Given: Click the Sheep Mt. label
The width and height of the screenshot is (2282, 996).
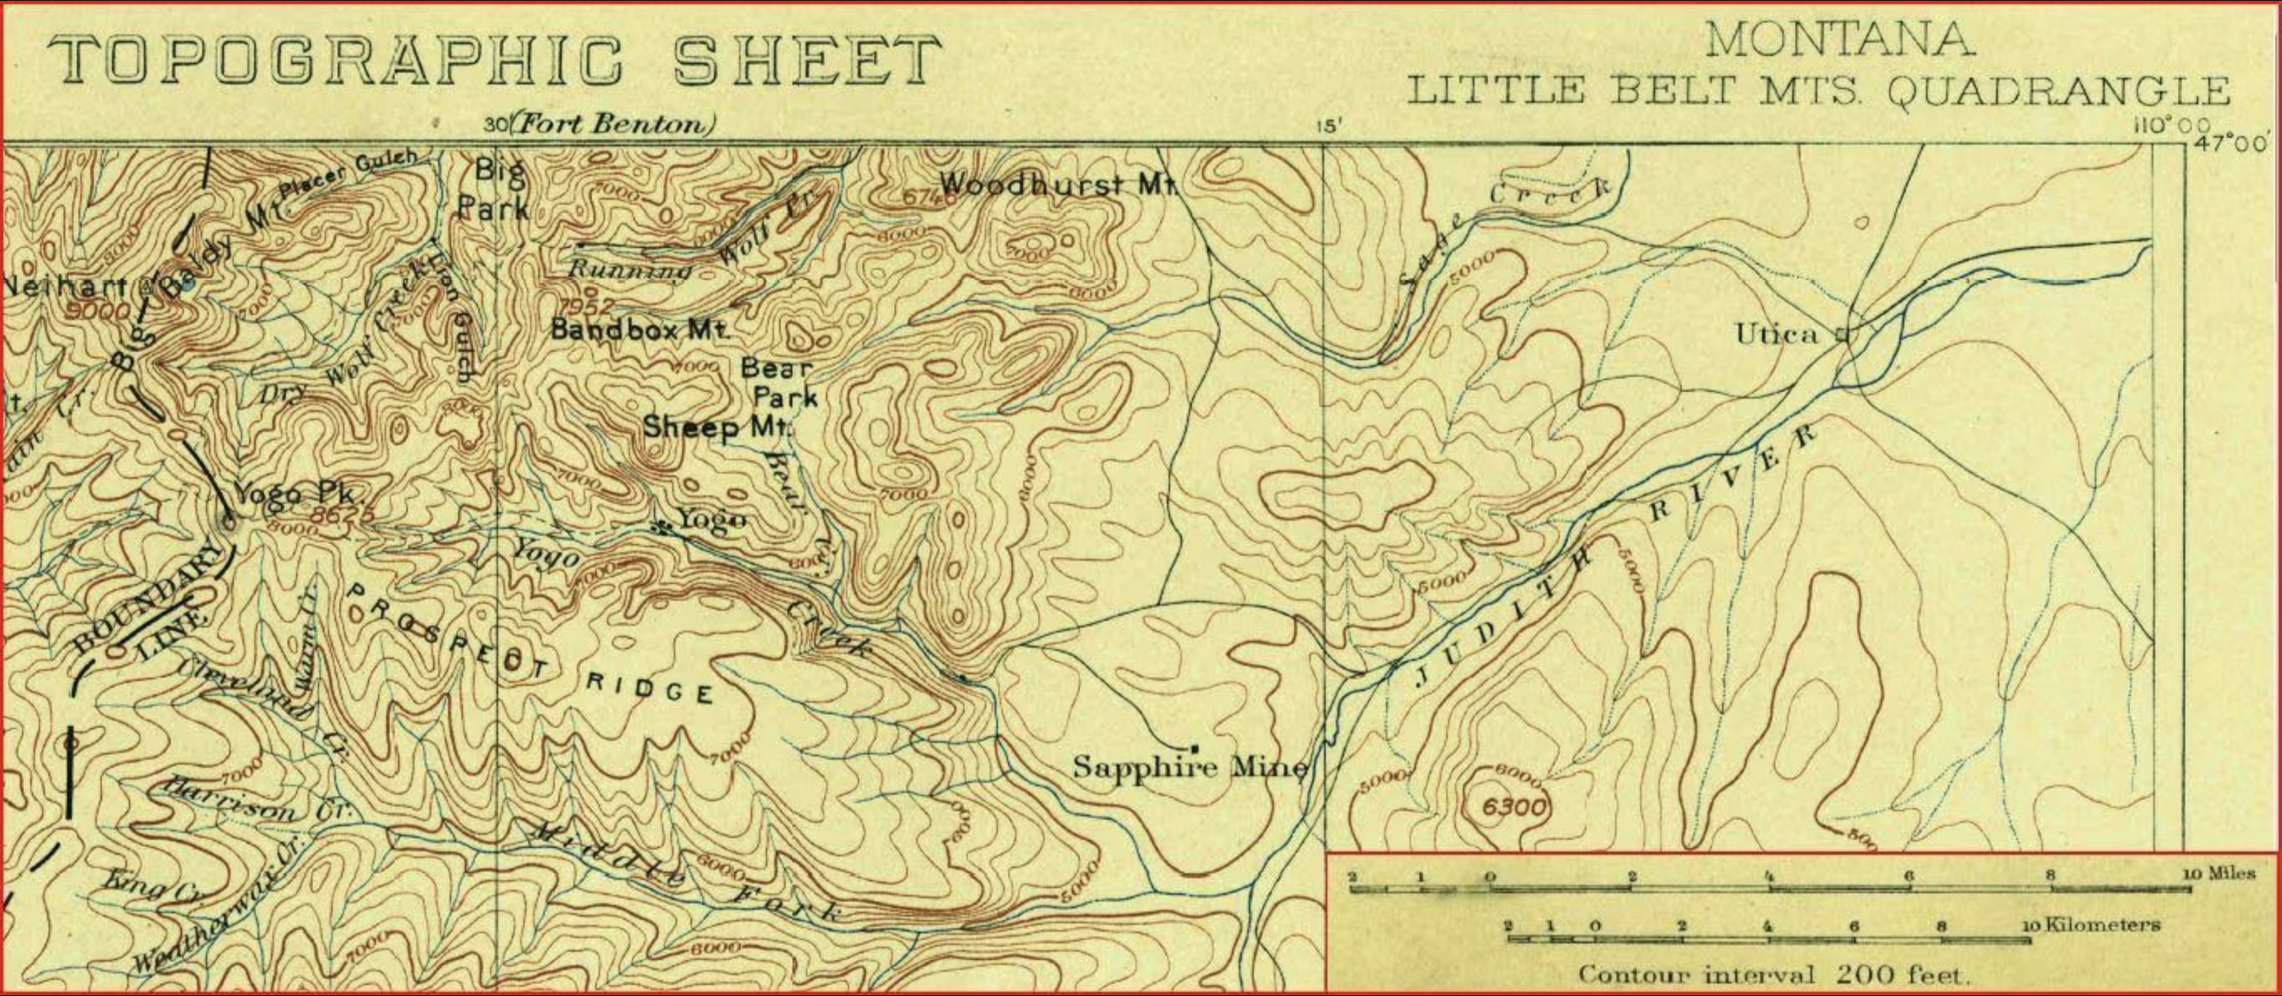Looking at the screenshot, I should coord(716,428).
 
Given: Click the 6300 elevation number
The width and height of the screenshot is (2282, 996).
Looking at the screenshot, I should coord(1513,807).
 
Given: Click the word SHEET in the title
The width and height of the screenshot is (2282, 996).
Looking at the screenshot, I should coord(806,61).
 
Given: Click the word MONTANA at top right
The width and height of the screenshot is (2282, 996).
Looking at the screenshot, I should coord(1839,41).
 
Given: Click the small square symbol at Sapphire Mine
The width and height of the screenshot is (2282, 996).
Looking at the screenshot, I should coord(1194,748).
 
